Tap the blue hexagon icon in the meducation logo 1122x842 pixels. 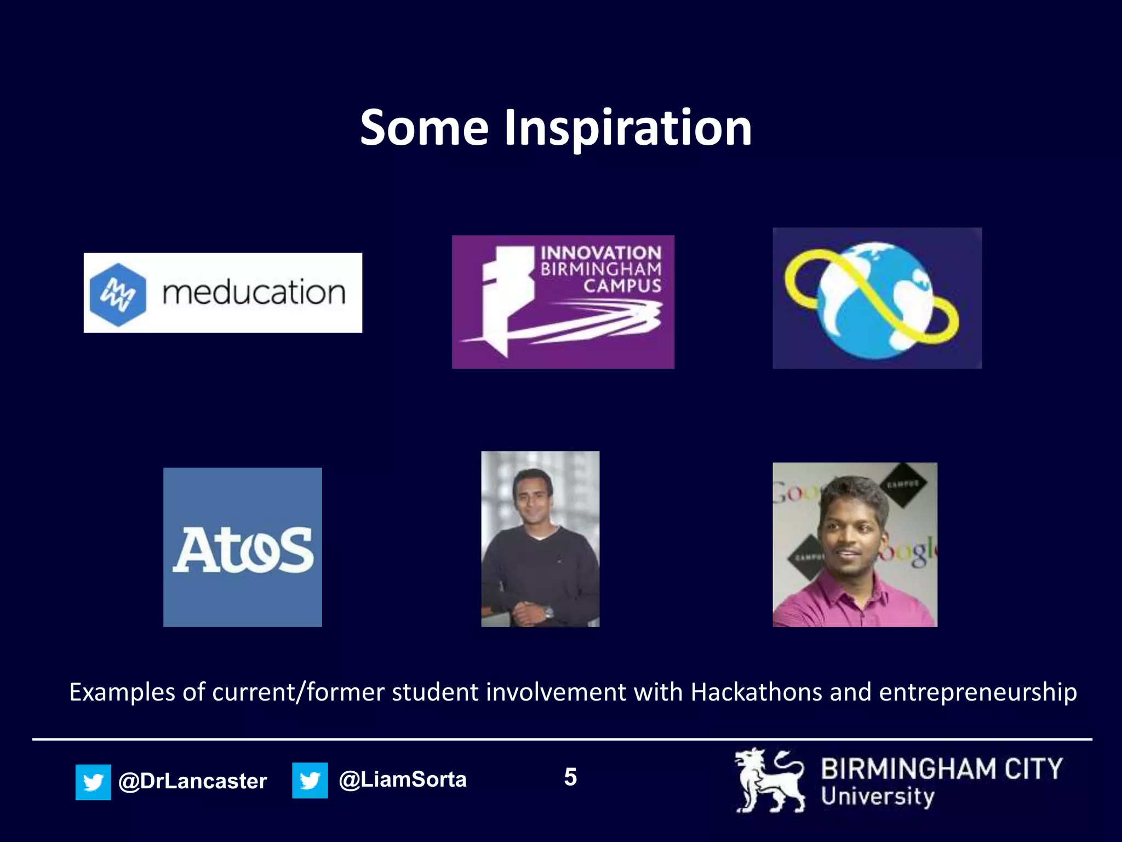pyautogui.click(x=118, y=294)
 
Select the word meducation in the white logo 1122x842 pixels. pyautogui.click(x=254, y=292)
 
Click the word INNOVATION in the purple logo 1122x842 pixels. pyautogui.click(x=601, y=253)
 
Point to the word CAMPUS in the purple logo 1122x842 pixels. pyautogui.click(x=622, y=286)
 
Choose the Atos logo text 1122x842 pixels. pyautogui.click(x=243, y=550)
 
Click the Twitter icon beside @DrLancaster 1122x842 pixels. pyautogui.click(x=93, y=782)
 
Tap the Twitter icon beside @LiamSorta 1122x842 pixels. pyautogui.click(x=310, y=780)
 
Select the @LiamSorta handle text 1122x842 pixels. pyautogui.click(x=403, y=780)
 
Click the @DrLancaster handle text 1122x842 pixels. pyautogui.click(x=192, y=781)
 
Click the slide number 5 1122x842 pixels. pyautogui.click(x=570, y=777)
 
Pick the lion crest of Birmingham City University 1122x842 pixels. pyautogui.click(x=770, y=781)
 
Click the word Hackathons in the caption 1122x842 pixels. pyautogui.click(x=756, y=692)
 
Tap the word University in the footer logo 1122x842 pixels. pyautogui.click(x=877, y=797)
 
